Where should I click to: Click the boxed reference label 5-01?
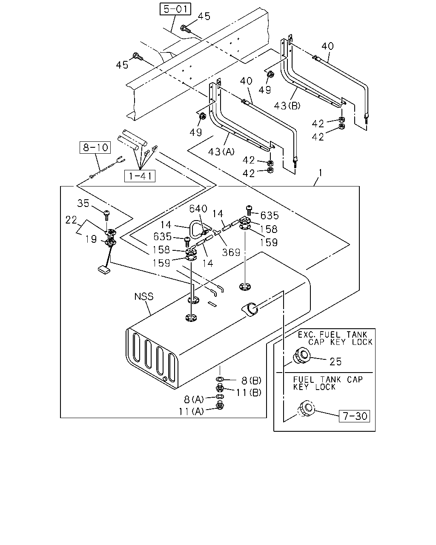(175, 9)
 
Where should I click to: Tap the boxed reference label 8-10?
(95, 147)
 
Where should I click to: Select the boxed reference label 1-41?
(140, 176)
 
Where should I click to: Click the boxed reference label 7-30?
(354, 416)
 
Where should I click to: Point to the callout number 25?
(336, 361)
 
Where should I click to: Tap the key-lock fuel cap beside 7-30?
(306, 408)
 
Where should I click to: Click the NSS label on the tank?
(143, 297)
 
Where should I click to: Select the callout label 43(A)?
(221, 152)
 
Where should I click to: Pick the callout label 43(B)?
(287, 106)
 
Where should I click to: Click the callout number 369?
(231, 252)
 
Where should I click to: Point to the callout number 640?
(198, 209)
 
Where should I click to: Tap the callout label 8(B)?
(251, 380)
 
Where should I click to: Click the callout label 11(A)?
(191, 412)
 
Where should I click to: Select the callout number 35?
(83, 203)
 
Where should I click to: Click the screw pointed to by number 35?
(106, 215)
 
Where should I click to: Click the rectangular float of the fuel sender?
(104, 270)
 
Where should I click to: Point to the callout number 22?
(71, 220)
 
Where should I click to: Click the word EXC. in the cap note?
(306, 335)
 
